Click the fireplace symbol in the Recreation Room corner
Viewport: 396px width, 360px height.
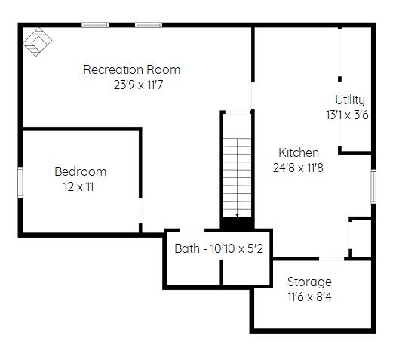click(38, 42)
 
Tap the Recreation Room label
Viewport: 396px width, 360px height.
click(132, 69)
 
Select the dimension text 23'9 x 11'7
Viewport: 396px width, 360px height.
click(138, 85)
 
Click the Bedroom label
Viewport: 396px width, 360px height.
click(81, 172)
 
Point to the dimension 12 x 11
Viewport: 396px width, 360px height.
click(78, 187)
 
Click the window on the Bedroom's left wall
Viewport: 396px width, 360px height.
click(20, 182)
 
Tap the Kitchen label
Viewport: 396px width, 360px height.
click(299, 153)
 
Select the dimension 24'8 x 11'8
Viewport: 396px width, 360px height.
click(298, 168)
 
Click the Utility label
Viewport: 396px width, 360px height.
click(350, 100)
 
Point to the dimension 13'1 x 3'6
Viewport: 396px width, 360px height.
click(347, 115)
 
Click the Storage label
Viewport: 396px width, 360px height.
click(309, 282)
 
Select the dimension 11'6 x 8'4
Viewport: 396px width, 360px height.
click(309, 297)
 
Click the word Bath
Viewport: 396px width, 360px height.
click(187, 248)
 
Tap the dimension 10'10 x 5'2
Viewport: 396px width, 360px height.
click(237, 248)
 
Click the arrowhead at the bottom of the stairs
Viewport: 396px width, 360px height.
click(237, 215)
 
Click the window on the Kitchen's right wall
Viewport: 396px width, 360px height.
click(373, 186)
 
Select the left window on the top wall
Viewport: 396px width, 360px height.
click(95, 25)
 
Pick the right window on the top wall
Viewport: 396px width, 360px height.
click(149, 25)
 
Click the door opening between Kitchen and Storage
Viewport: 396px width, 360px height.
click(331, 259)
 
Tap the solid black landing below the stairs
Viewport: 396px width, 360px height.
click(237, 223)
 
